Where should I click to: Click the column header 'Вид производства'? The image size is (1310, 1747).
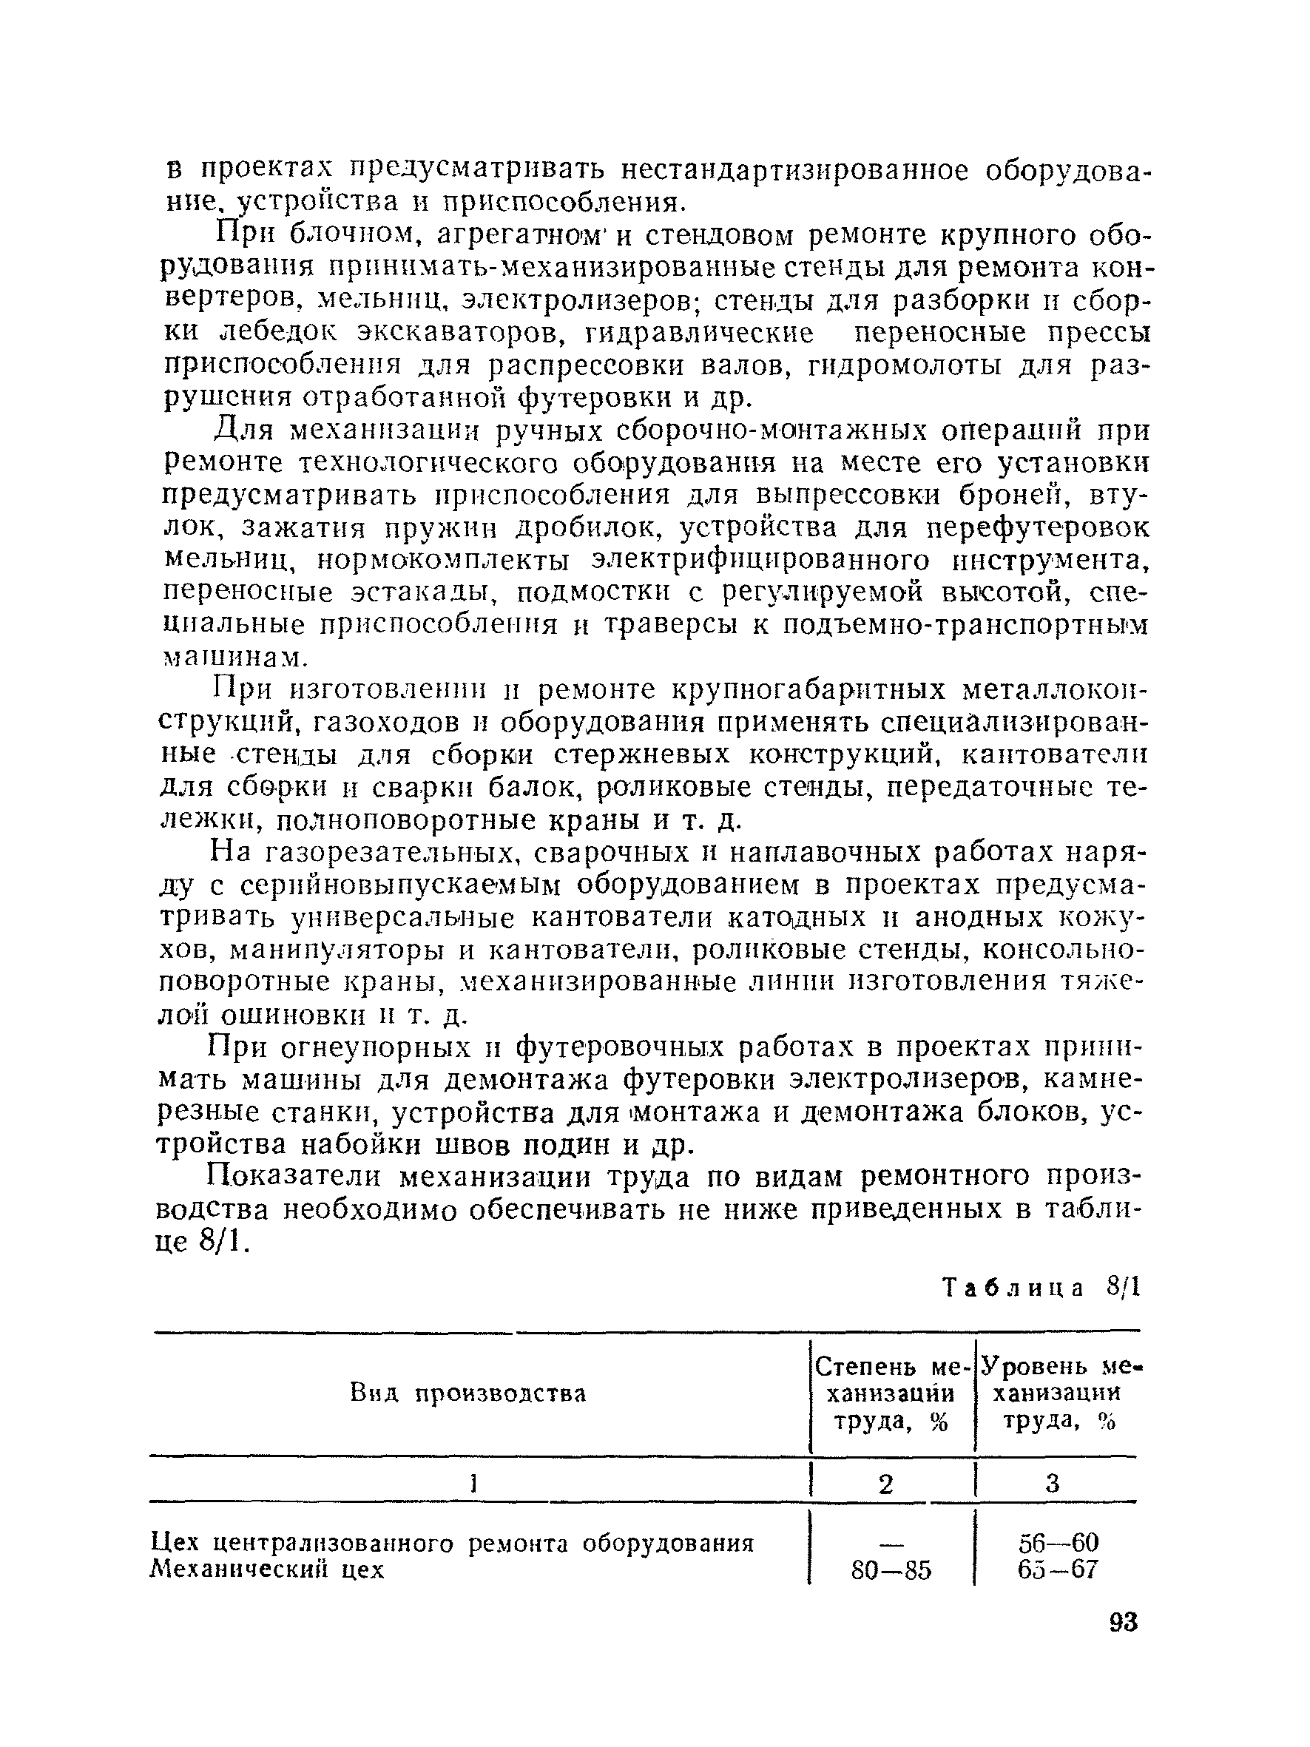(468, 1394)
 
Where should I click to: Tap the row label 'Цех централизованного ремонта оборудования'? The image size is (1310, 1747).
(453, 1542)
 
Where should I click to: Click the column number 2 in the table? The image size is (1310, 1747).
(886, 1484)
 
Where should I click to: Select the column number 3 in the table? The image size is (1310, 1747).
(1053, 1484)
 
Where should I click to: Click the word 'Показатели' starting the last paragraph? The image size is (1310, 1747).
(294, 1177)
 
